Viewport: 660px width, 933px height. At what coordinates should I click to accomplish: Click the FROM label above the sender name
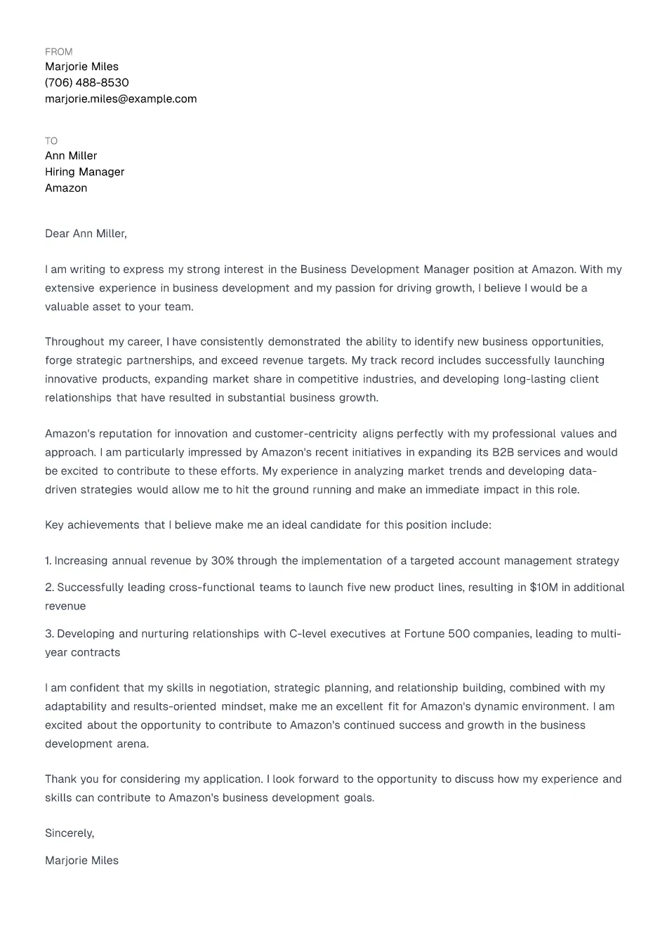(x=58, y=52)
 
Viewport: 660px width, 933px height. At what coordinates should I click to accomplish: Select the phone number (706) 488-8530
(x=86, y=83)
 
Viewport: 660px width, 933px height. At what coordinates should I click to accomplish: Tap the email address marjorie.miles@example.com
(x=121, y=99)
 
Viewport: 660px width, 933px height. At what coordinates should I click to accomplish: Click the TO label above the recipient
(x=51, y=141)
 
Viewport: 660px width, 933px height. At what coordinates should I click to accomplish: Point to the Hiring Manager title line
(x=84, y=172)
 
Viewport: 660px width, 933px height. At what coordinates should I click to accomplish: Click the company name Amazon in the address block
(x=66, y=188)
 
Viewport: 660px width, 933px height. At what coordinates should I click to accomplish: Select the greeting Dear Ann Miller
(x=86, y=234)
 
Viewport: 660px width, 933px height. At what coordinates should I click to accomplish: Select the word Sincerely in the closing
(x=69, y=833)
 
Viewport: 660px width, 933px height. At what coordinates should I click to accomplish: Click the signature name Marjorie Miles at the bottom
(x=81, y=861)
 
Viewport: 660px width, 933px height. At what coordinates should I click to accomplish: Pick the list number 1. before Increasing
(x=48, y=561)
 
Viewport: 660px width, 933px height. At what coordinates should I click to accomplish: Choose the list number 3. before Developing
(x=49, y=634)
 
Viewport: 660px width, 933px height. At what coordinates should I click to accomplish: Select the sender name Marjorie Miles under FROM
(x=81, y=67)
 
